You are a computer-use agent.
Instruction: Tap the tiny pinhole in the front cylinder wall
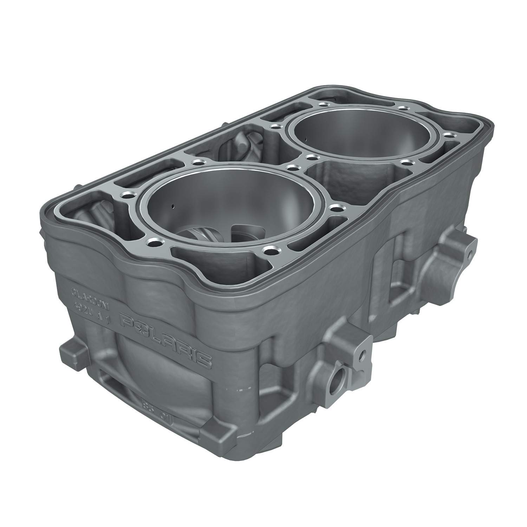pos(173,206)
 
